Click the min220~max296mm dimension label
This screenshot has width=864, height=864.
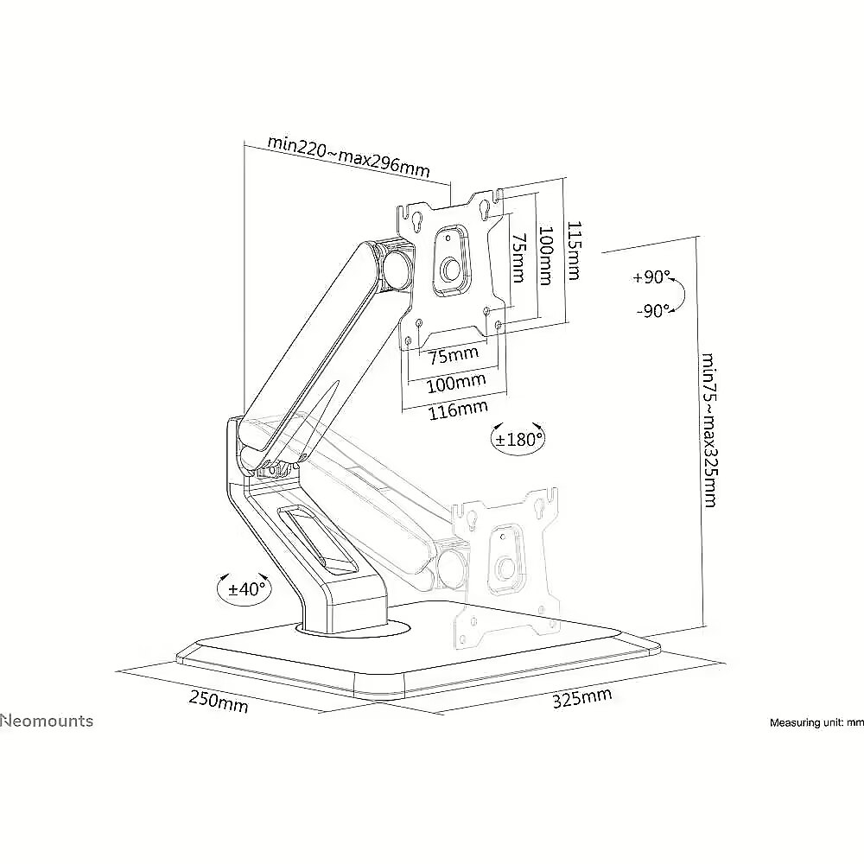pos(348,156)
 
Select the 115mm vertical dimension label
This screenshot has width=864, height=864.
pos(574,251)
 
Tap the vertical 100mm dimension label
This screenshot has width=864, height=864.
pos(545,256)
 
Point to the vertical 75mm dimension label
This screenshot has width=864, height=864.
pos(518,257)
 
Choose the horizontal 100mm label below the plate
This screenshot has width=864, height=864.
pos(456,382)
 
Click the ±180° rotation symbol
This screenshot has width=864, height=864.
pos(518,439)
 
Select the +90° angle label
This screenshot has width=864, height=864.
pos(651,276)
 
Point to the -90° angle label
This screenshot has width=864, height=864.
pos(653,311)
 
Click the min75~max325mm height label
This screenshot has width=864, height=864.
pos(709,429)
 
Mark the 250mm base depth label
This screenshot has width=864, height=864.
pos(219,701)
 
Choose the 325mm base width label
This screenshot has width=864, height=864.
pos(581,697)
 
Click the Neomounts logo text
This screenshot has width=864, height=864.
pos(47,721)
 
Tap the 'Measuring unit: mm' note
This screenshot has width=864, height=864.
pos(816,722)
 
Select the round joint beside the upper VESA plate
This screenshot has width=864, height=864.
pos(397,267)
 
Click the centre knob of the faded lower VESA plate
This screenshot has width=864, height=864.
pos(505,568)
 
